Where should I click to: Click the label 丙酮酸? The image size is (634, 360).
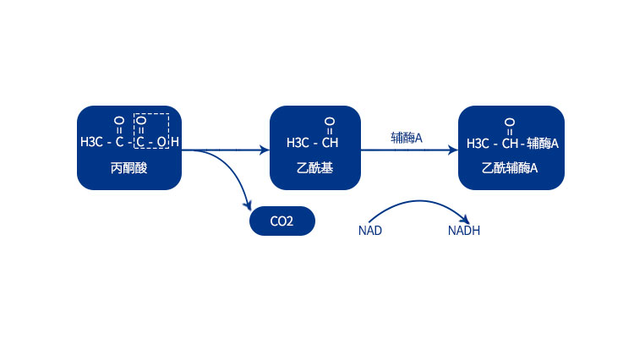[128, 168]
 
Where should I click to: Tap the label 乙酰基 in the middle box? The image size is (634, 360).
[315, 168]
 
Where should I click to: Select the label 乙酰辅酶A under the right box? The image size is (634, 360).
[510, 168]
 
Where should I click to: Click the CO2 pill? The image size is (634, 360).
[281, 222]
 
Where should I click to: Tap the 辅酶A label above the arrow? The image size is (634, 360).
[406, 137]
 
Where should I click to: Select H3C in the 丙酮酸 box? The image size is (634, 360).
[91, 142]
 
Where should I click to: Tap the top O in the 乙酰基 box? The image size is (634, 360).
[330, 121]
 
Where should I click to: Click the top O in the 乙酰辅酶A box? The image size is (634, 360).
[510, 121]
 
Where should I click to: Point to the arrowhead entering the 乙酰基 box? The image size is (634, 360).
[265, 150]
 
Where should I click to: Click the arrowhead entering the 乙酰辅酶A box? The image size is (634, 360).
[453, 150]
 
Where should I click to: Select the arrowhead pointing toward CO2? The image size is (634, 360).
[248, 205]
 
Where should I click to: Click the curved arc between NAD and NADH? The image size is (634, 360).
[416, 202]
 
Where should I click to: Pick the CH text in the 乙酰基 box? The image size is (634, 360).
[330, 142]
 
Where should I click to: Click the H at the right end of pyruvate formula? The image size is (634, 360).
[175, 142]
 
